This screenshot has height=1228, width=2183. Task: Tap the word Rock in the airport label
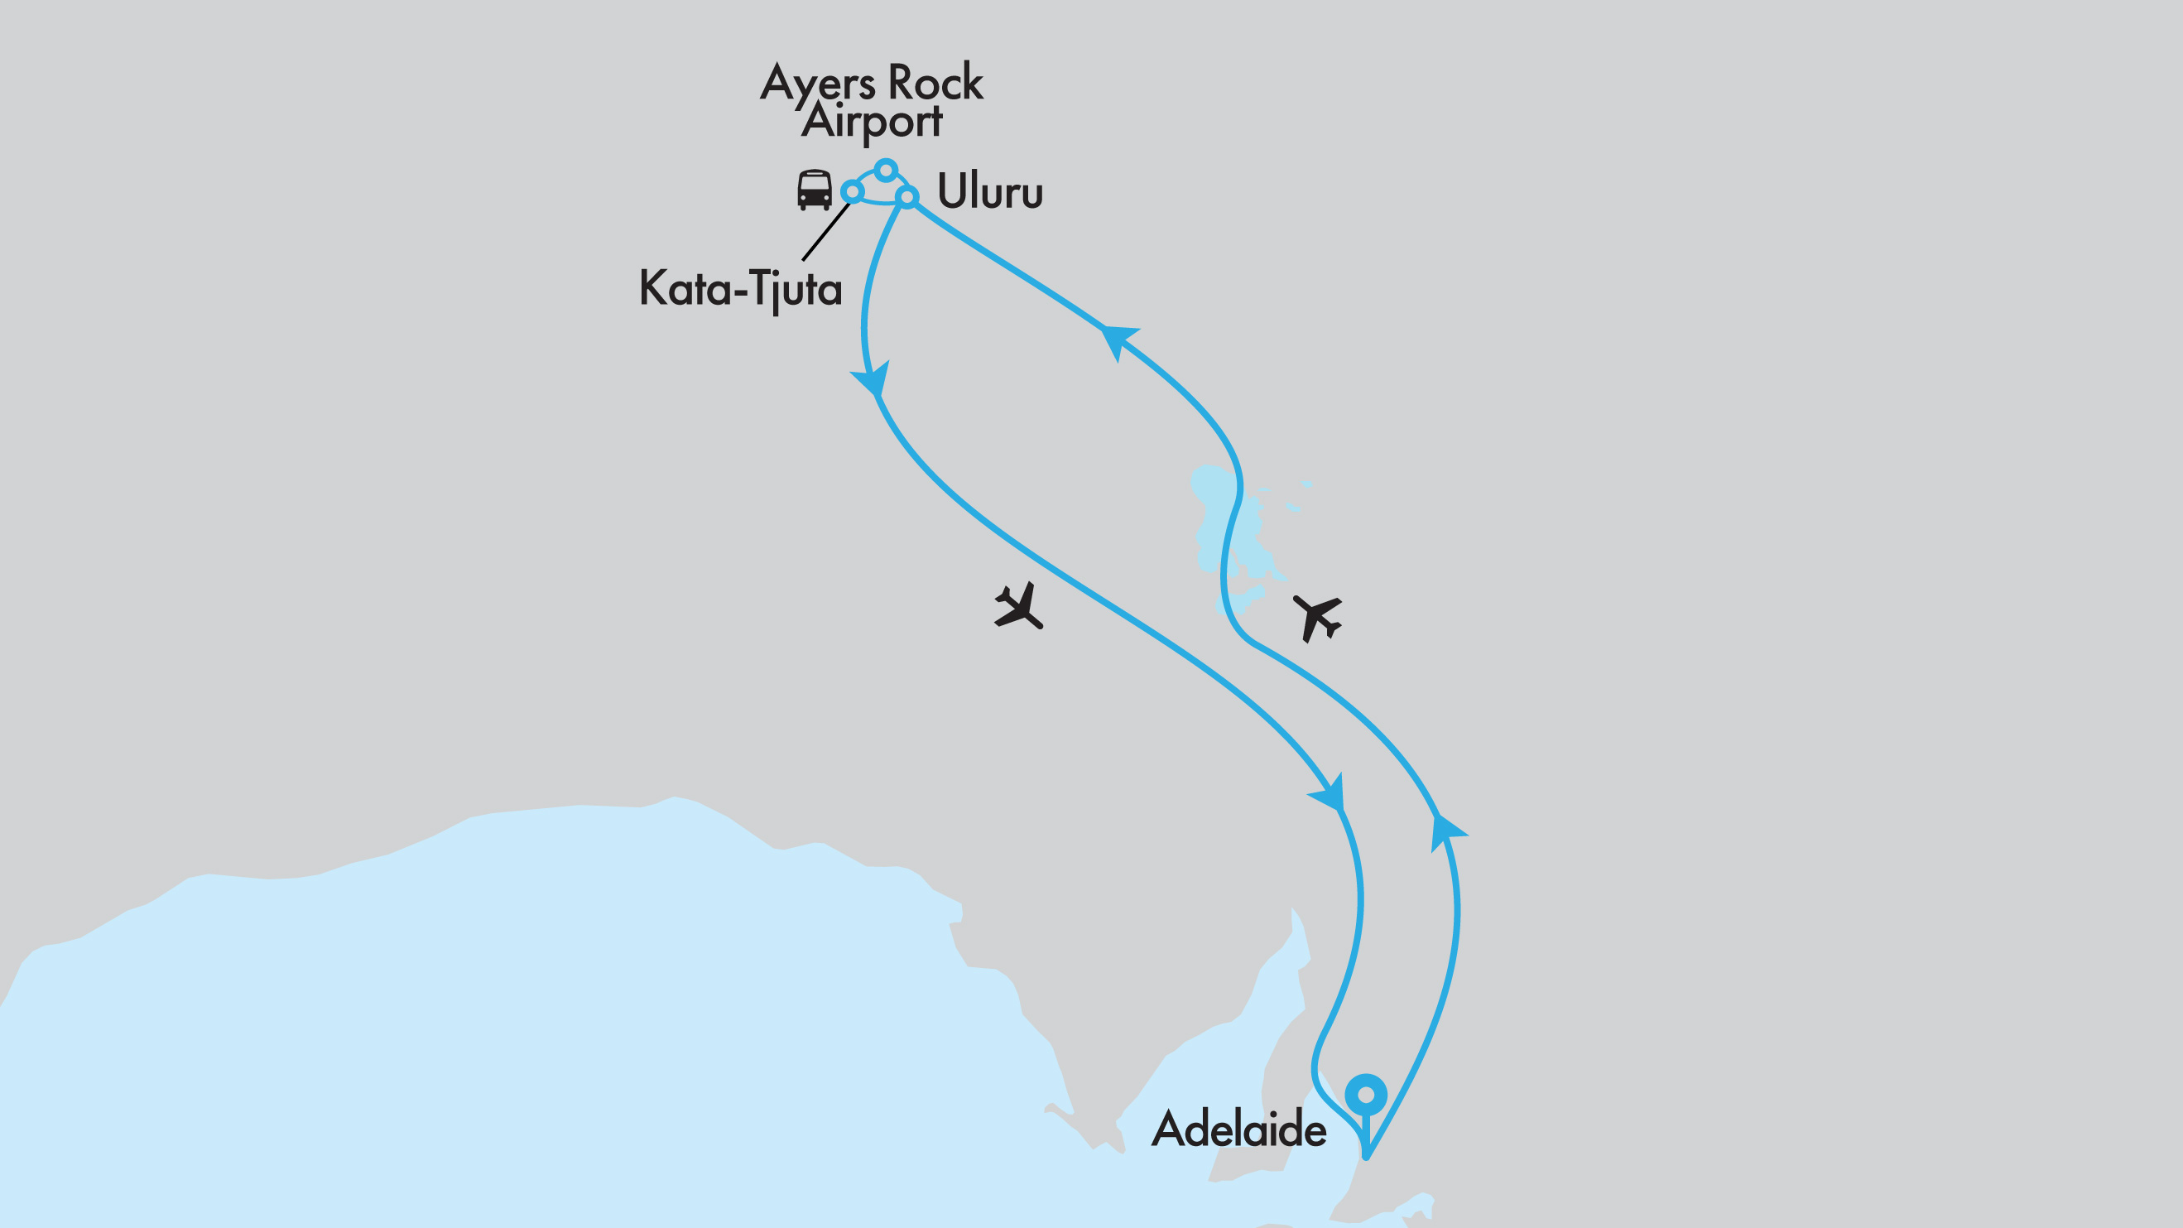click(935, 83)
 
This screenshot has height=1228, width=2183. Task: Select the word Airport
click(871, 121)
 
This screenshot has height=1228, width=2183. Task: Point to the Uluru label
click(990, 190)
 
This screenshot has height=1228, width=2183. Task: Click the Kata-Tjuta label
click(740, 289)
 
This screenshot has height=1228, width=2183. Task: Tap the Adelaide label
click(1238, 1129)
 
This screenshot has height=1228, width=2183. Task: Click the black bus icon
click(815, 189)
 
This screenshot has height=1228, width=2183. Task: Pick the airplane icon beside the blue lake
click(1318, 617)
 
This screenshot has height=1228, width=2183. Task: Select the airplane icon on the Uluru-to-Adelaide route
click(1018, 605)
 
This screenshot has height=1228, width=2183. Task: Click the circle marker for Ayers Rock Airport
click(886, 171)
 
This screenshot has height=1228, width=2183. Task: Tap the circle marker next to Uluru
click(906, 197)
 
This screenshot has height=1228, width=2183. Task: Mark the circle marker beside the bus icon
click(852, 192)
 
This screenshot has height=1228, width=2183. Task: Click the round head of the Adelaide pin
click(1365, 1095)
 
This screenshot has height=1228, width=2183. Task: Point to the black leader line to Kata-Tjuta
click(825, 231)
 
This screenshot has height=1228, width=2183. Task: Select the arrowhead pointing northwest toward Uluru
click(1117, 338)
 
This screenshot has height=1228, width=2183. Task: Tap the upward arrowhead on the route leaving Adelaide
click(1445, 830)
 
